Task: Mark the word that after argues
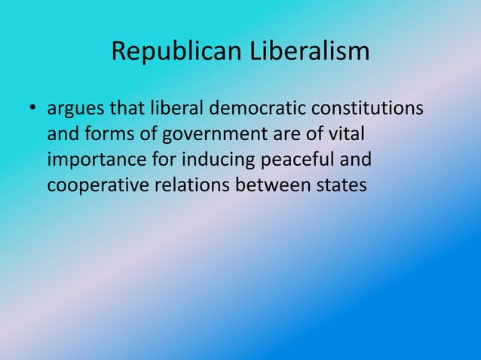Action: tap(127, 111)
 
